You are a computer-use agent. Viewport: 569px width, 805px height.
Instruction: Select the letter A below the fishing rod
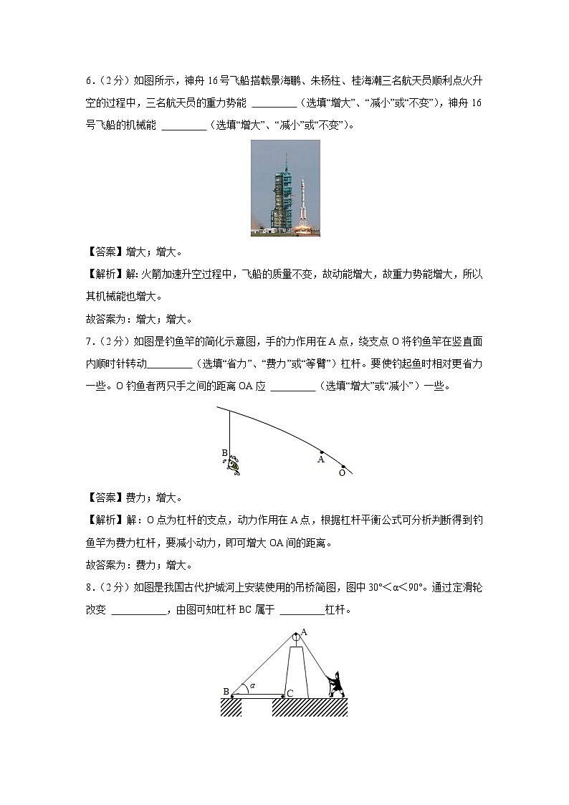click(x=321, y=460)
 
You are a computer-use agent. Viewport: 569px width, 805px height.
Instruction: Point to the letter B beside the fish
click(x=224, y=453)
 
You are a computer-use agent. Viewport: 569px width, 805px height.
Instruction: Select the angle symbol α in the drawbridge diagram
click(x=252, y=686)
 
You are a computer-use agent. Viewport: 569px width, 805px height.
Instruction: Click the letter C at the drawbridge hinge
click(x=290, y=692)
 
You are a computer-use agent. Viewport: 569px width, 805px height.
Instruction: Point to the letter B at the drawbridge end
click(x=226, y=692)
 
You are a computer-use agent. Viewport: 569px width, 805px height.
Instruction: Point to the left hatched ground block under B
click(x=231, y=707)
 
